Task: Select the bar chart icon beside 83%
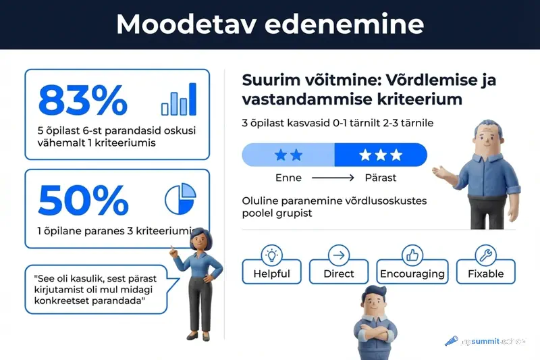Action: pyautogui.click(x=179, y=99)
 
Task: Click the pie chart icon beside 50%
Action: pyautogui.click(x=180, y=199)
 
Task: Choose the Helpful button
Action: pyautogui.click(x=271, y=274)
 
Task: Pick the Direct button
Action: pyautogui.click(x=338, y=274)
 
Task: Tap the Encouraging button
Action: pyautogui.click(x=412, y=274)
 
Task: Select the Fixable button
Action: pyautogui.click(x=485, y=274)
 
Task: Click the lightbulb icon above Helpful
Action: pyautogui.click(x=271, y=255)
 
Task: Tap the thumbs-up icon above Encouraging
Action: pyautogui.click(x=412, y=255)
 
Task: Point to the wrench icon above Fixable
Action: pyautogui.click(x=485, y=255)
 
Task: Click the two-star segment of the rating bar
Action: pyautogui.click(x=289, y=155)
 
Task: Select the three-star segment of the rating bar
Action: pyautogui.click(x=380, y=155)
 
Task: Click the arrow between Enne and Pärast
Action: pyautogui.click(x=333, y=178)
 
